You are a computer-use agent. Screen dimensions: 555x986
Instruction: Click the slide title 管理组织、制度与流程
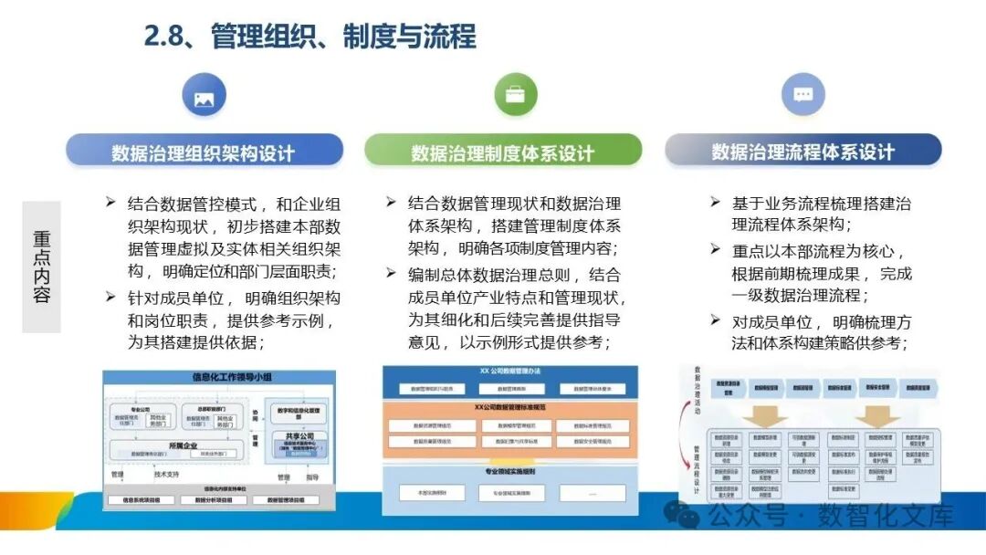pyautogui.click(x=342, y=37)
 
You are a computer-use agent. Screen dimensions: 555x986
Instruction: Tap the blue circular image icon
pyautogui.click(x=204, y=97)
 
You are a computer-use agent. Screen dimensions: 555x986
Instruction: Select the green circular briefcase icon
pyautogui.click(x=515, y=95)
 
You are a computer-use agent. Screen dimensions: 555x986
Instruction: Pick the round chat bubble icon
pyautogui.click(x=802, y=95)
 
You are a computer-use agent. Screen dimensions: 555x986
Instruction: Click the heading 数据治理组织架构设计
pyautogui.click(x=204, y=152)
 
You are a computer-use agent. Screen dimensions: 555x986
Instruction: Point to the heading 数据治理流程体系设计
pyautogui.click(x=802, y=152)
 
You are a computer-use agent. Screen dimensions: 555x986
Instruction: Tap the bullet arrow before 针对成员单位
pyautogui.click(x=110, y=297)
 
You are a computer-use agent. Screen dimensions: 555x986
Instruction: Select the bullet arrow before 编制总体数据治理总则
pyautogui.click(x=391, y=273)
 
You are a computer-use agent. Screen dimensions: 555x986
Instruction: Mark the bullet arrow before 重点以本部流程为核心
pyautogui.click(x=716, y=249)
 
